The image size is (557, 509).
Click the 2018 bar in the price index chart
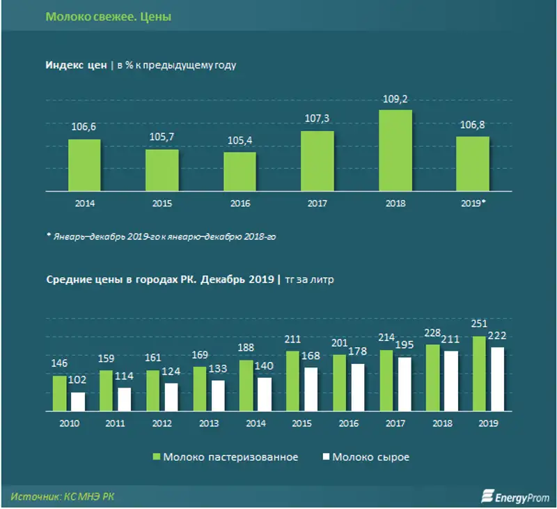[395, 150]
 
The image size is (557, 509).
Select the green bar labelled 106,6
[84, 165]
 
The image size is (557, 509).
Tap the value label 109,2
[395, 100]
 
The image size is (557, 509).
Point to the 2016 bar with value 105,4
[240, 172]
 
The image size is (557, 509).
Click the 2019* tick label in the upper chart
[473, 204]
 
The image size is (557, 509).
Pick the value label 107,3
[317, 120]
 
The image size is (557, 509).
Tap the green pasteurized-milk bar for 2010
[60, 395]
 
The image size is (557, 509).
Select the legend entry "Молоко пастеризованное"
[226, 457]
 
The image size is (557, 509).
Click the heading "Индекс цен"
[75, 66]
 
